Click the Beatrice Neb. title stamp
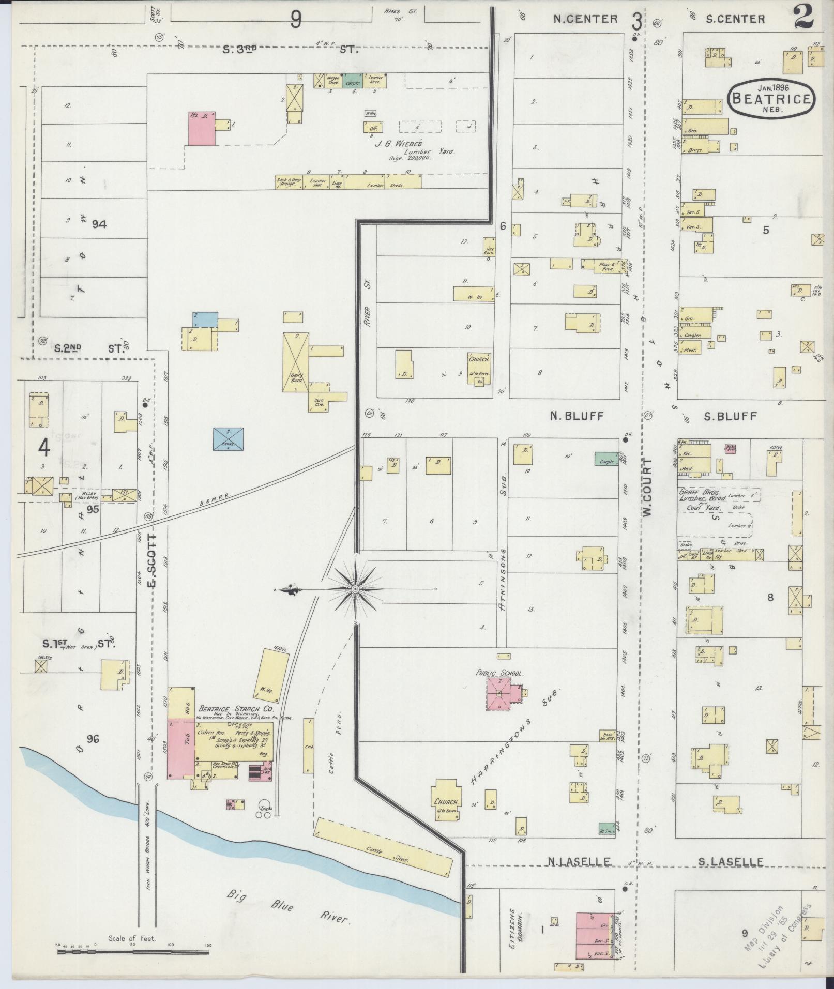[772, 98]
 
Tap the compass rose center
[356, 589]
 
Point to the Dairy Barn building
[296, 362]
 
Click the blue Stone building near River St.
[229, 439]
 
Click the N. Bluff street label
[577, 416]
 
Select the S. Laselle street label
[731, 861]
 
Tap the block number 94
[99, 224]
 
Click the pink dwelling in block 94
[202, 128]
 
